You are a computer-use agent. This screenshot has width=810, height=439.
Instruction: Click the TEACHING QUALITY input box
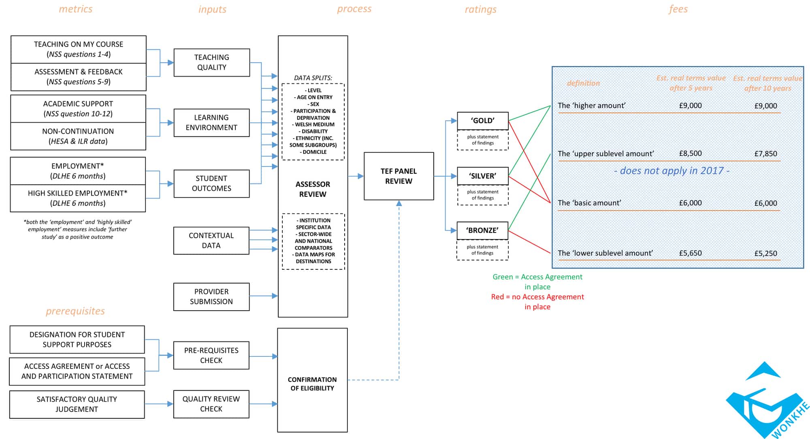(211, 62)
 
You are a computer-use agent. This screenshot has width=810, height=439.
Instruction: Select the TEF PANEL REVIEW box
(399, 176)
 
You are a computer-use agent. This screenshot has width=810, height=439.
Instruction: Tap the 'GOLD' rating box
(482, 121)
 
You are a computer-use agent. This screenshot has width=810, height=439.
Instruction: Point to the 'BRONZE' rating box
(482, 230)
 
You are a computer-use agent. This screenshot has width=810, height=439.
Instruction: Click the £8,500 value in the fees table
(690, 153)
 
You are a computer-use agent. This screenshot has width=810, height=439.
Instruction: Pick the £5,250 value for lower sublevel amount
(765, 254)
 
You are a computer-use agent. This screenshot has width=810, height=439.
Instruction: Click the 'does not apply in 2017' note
(671, 170)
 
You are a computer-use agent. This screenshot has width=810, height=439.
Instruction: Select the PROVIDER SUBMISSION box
(211, 296)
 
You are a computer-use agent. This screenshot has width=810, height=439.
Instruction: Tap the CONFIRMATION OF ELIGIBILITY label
(312, 384)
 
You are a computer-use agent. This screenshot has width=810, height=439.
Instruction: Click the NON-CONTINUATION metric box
(78, 136)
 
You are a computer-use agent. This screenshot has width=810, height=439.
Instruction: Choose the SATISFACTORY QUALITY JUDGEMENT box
(77, 404)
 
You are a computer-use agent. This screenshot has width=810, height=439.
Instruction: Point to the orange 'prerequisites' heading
(75, 311)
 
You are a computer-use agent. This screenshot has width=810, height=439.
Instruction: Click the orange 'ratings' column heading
(480, 9)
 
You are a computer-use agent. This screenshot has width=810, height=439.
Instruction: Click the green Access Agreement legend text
(537, 281)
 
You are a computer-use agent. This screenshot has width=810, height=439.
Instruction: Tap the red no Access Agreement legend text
(537, 302)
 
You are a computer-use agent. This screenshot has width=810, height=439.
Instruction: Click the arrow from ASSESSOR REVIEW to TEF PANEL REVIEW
(356, 176)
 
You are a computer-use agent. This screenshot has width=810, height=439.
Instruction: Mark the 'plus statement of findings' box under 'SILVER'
(482, 195)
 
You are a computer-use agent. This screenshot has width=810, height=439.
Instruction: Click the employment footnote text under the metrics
(77, 229)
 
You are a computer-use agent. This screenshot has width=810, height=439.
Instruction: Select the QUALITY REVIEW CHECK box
(211, 404)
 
